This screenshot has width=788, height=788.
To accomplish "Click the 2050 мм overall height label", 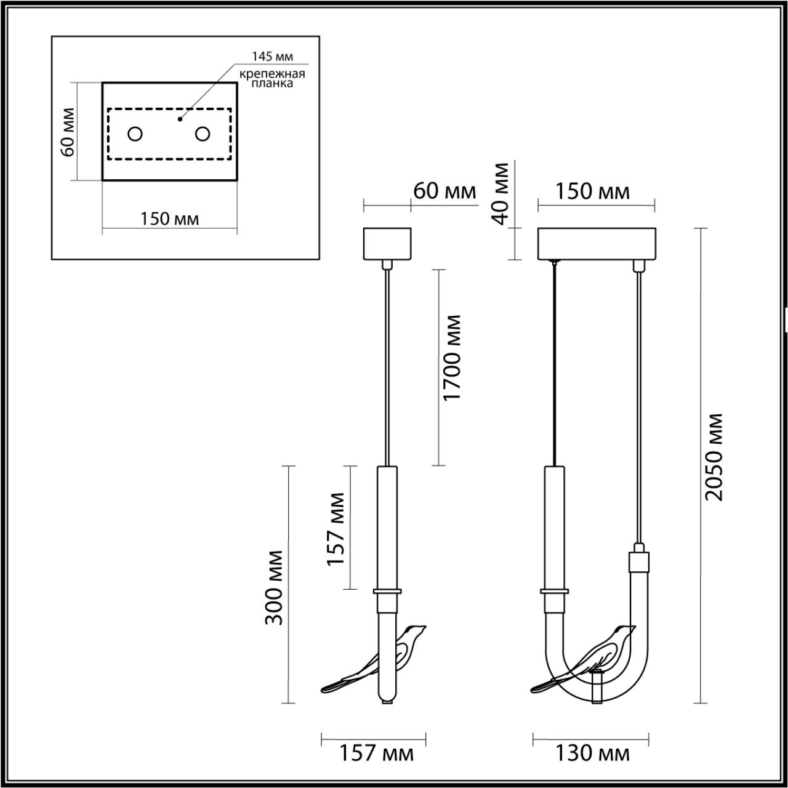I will (714, 457).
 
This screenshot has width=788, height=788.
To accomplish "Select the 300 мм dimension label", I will (275, 587).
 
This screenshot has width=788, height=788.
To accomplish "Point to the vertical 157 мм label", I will (336, 528).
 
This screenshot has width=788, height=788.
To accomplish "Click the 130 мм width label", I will (592, 752).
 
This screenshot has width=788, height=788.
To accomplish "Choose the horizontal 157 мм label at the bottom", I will (377, 752).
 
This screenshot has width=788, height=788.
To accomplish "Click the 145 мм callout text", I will (272, 57).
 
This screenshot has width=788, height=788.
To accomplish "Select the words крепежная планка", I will (272, 79).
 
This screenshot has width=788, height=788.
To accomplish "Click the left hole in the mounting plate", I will (135, 134).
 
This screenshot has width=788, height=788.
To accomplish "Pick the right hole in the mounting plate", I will (203, 134).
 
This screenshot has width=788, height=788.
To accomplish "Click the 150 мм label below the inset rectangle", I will (169, 219).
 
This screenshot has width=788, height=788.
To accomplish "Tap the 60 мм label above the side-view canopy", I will (444, 191).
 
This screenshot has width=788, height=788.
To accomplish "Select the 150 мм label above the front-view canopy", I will (592, 191).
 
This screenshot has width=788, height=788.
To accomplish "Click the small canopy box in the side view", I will (387, 244).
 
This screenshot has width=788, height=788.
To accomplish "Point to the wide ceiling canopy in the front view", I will (598, 244).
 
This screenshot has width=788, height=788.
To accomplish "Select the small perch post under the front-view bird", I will (595, 688).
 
